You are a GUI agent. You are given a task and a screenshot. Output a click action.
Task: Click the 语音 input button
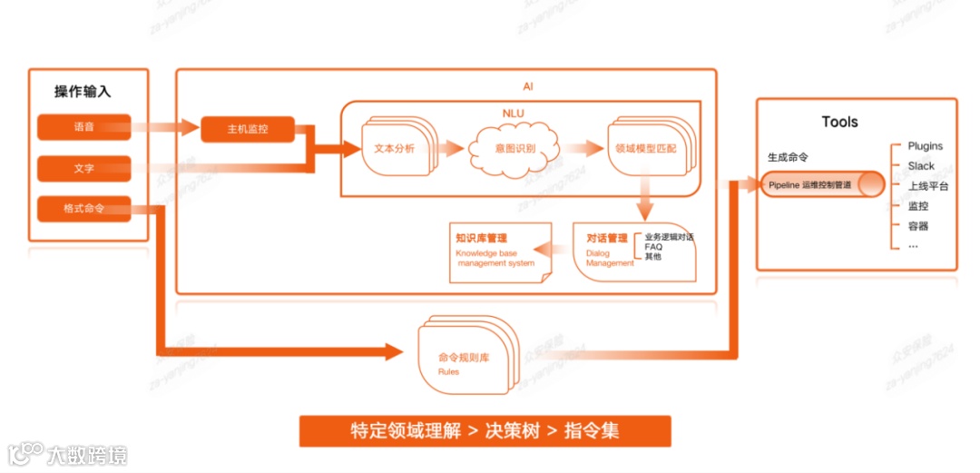[x=84, y=127]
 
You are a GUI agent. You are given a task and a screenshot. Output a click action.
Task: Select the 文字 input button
[x=84, y=169]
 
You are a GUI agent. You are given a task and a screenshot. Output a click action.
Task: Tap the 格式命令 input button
[x=84, y=209]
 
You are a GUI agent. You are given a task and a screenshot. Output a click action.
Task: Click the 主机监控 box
[x=248, y=130]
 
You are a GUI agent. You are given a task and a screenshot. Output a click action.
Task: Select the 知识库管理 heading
[x=482, y=238]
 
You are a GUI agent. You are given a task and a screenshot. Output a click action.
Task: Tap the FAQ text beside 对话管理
[x=653, y=247]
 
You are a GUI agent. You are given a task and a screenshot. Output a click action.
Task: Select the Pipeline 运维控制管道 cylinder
[x=820, y=185]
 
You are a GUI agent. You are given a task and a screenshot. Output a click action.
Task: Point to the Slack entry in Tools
[x=921, y=166]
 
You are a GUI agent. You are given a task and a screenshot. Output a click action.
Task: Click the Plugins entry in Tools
[x=925, y=146]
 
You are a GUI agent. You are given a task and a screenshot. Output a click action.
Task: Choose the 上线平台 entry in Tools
[x=927, y=186]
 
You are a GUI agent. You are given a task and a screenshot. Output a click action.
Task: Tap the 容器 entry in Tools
[x=917, y=226]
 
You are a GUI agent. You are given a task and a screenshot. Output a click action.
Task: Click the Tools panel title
[x=839, y=122]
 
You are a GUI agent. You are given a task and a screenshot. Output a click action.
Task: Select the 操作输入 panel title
[x=83, y=92]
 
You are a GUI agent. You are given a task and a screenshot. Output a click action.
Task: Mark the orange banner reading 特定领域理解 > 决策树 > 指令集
[x=485, y=431]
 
